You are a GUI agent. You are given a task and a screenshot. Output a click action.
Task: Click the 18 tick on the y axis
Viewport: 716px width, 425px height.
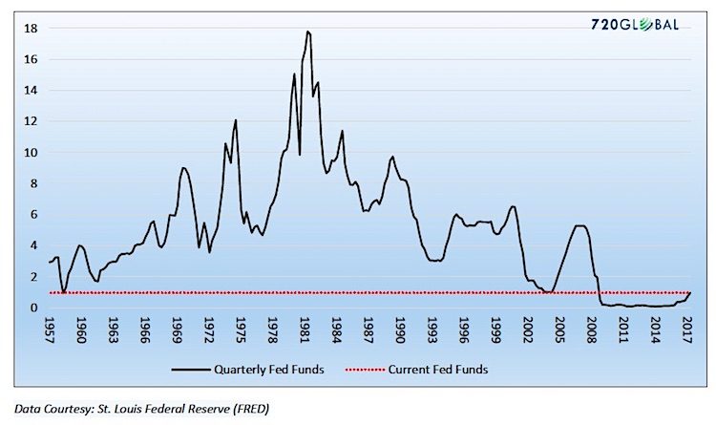pos(31,29)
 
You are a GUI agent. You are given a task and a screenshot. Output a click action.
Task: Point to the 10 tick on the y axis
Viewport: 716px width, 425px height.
pos(31,153)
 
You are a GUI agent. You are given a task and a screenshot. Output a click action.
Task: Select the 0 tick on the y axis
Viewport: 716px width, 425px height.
pos(33,308)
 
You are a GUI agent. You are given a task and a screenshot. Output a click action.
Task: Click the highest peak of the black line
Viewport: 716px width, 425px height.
pos(307,32)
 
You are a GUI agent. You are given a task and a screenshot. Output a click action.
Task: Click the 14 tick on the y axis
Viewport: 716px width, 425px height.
pos(31,91)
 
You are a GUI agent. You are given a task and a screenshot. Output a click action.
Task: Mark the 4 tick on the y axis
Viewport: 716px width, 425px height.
pos(33,245)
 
